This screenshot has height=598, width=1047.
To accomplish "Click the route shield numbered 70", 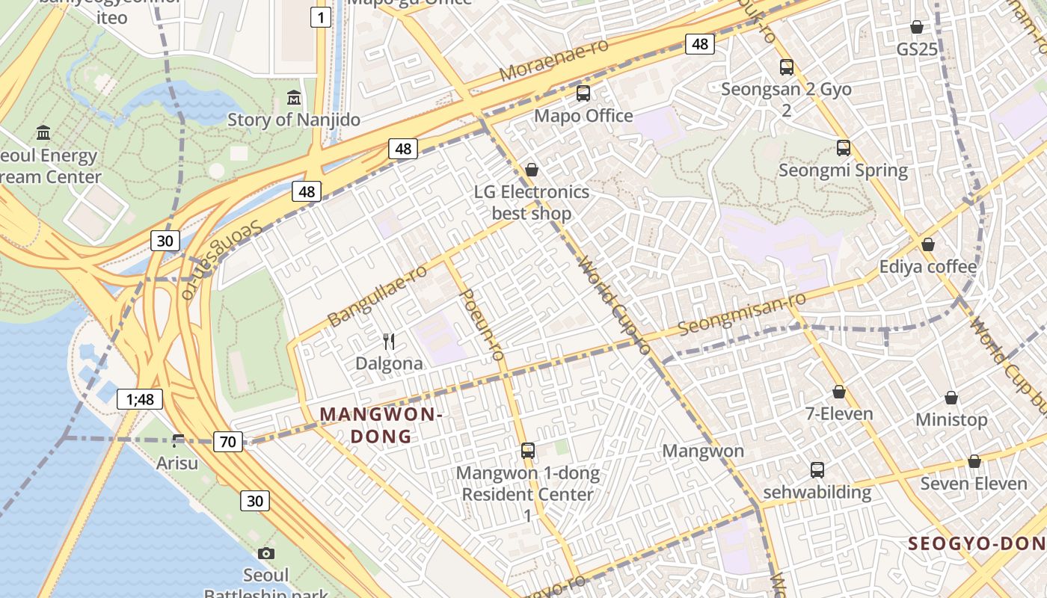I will pos(228,442).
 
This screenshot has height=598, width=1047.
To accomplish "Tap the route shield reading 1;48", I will pos(140,399).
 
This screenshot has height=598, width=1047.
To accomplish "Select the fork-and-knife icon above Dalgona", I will pos(389,342).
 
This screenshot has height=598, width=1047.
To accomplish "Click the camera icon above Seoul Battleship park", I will pos(265,554).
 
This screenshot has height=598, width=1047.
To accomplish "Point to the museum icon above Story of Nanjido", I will pos(294,98).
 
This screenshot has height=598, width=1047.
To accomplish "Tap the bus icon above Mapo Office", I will pos(583,93).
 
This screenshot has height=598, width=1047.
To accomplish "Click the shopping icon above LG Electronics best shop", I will pos(532,170).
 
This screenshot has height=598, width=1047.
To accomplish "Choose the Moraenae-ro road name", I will pos(553,61).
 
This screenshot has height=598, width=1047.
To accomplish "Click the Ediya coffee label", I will pos(927,267).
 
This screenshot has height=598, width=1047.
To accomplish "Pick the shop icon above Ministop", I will pos(951,398).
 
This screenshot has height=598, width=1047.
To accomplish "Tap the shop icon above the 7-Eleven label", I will pos(839,392).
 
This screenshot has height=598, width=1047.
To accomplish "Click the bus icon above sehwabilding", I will pos(817,470).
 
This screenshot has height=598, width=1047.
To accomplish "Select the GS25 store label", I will pos(917,49).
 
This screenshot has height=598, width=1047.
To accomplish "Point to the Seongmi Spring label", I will pos(843,170).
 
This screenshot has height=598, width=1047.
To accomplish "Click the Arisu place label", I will pos(177,463).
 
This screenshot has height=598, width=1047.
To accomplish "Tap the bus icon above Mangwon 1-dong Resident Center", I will pos(528,451).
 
